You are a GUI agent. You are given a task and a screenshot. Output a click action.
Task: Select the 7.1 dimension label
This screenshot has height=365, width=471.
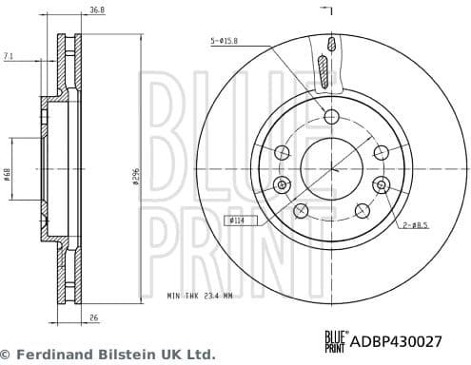(10, 58)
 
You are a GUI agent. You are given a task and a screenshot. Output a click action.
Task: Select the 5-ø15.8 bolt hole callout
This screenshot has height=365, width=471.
(225, 41)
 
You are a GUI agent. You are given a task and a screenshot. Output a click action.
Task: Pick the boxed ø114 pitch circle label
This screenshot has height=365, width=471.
(237, 221)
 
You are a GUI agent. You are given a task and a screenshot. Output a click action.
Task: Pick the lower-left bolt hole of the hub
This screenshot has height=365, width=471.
(302, 210)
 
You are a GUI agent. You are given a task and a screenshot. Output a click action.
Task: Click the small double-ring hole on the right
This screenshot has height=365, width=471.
(381, 183)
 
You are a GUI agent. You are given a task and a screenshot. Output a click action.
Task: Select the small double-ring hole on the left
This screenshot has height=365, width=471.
(281, 183)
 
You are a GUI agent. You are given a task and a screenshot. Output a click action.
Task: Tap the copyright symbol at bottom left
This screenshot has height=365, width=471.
(7, 354)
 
